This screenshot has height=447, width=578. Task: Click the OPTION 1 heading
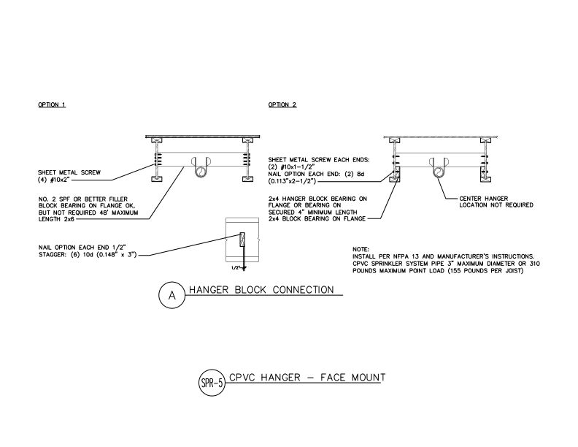click(x=52, y=104)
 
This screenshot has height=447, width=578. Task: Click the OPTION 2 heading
click(x=282, y=104)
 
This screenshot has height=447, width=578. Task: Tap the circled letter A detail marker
click(x=172, y=295)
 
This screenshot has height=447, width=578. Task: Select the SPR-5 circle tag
click(x=212, y=383)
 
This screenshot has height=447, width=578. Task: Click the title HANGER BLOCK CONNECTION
click(x=261, y=290)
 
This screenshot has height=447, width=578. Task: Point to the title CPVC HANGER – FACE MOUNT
click(x=307, y=378)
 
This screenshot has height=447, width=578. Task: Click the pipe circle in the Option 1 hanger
click(x=201, y=172)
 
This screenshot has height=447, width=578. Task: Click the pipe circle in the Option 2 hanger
click(x=439, y=172)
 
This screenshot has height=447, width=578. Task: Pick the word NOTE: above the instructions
click(x=361, y=249)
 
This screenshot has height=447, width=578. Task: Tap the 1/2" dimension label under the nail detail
click(x=236, y=268)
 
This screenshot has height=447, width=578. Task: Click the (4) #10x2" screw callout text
click(x=54, y=180)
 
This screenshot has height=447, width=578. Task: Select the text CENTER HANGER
click(x=484, y=199)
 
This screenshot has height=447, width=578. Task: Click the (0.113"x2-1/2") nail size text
click(x=292, y=181)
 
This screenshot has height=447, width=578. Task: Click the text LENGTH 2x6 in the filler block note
click(x=56, y=219)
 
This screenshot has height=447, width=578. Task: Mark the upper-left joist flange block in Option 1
click(x=157, y=140)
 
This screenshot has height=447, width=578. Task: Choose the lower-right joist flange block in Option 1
click(x=247, y=179)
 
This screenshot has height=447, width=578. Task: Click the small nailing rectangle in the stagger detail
click(x=242, y=240)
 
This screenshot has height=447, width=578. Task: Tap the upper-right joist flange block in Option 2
click(x=486, y=140)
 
